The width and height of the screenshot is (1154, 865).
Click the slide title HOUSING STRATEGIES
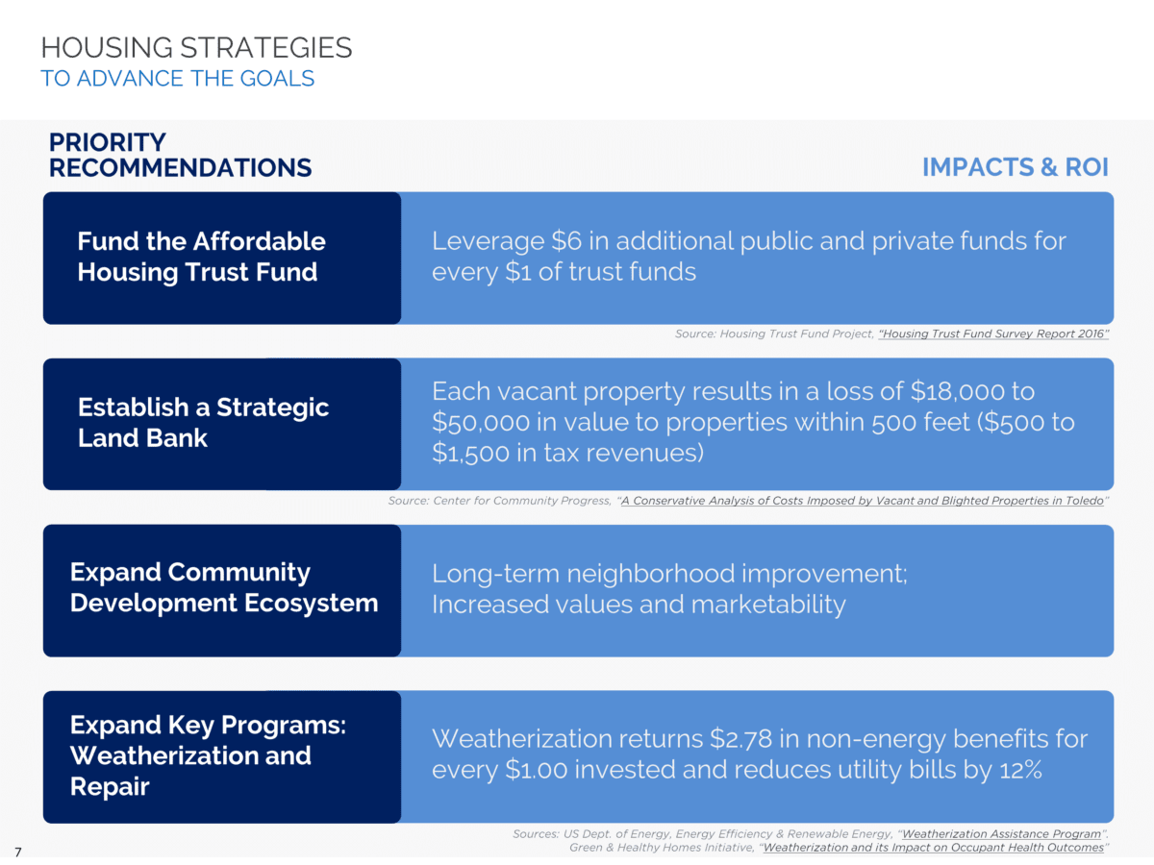pos(196,47)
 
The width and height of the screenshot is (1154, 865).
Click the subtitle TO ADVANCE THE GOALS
pos(178,79)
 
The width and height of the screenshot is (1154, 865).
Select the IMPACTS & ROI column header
pos(1015,167)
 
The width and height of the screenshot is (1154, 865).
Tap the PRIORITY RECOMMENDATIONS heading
pos(180,156)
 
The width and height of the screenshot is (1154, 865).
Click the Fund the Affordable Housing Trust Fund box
pos(221,257)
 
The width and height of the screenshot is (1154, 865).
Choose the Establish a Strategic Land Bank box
pos(221,423)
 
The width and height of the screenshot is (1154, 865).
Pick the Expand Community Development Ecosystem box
pos(221,588)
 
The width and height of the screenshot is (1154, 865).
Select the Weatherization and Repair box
pos(221,755)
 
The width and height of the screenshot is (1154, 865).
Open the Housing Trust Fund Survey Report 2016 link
pos(993,334)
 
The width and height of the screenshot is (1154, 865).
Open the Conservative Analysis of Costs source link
pos(862,501)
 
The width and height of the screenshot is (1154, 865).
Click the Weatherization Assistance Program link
pos(1001,834)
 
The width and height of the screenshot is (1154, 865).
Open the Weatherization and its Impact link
pos(933,848)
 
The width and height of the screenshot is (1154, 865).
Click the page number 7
pos(18,851)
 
